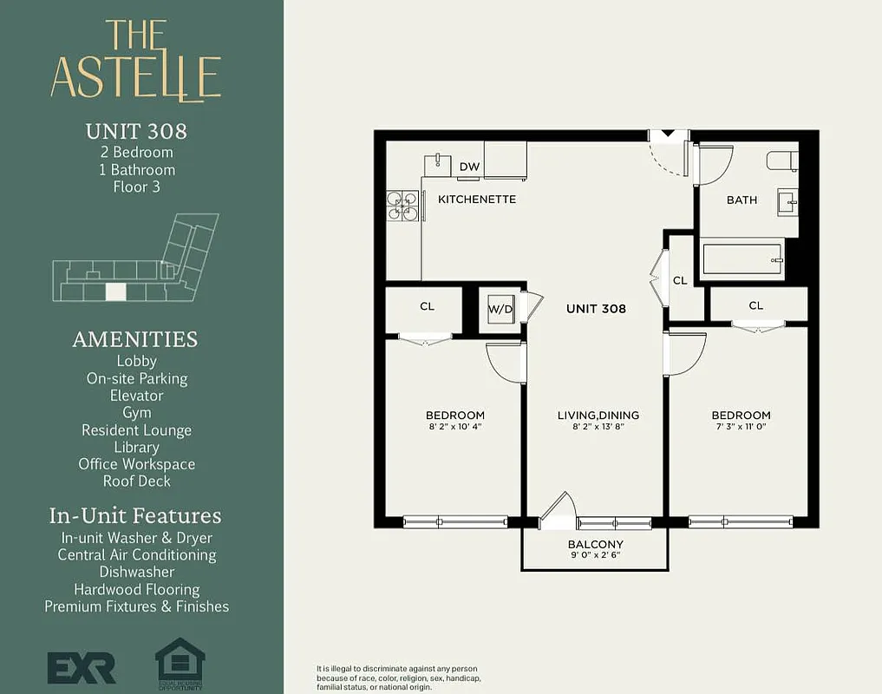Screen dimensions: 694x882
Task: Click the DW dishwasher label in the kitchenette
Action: coord(469,167)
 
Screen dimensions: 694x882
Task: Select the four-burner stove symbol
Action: coord(402,206)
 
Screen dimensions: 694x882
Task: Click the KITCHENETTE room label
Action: coord(477,200)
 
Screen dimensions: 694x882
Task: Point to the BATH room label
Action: coord(742,200)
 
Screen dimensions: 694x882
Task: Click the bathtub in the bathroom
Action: coord(742,258)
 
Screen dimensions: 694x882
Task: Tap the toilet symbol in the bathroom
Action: coord(781,160)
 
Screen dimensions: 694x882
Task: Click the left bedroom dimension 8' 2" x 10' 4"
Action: coord(454,427)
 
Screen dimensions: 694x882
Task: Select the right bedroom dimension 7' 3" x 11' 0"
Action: coord(741,427)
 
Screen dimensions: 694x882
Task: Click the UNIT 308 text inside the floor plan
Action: coord(596,308)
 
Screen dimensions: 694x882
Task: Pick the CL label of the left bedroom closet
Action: coord(427,306)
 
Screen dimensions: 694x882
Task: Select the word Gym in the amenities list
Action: coord(137,413)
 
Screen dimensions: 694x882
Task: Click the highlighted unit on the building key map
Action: coord(115,292)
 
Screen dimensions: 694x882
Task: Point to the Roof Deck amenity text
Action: coord(137,481)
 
